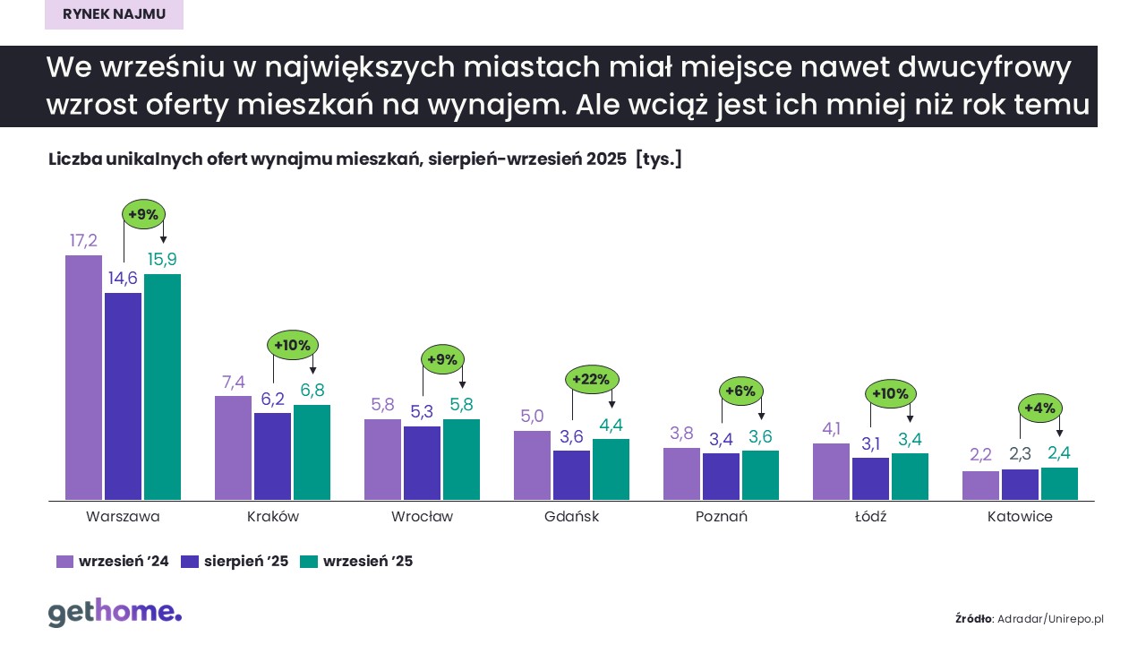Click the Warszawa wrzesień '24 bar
pyautogui.click(x=83, y=377)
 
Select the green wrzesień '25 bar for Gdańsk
pyautogui.click(x=611, y=469)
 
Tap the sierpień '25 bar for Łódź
pyautogui.click(x=870, y=478)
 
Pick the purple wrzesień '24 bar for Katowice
pyautogui.click(x=980, y=486)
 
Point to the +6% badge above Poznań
pyautogui.click(x=741, y=391)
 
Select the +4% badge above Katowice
pyautogui.click(x=1039, y=408)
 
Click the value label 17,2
pyautogui.click(x=83, y=240)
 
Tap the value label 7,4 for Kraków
pyautogui.click(x=233, y=382)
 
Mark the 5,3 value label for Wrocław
pyautogui.click(x=422, y=412)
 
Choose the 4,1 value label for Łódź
pyautogui.click(x=831, y=428)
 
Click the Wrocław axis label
pyautogui.click(x=422, y=517)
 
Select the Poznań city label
pyautogui.click(x=721, y=517)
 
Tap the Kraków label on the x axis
pyautogui.click(x=272, y=517)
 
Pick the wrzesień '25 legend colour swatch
pyautogui.click(x=309, y=562)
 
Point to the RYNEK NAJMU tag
pyautogui.click(x=114, y=14)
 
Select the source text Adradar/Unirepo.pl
pyautogui.click(x=1051, y=618)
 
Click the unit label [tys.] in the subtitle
pyautogui.click(x=658, y=159)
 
